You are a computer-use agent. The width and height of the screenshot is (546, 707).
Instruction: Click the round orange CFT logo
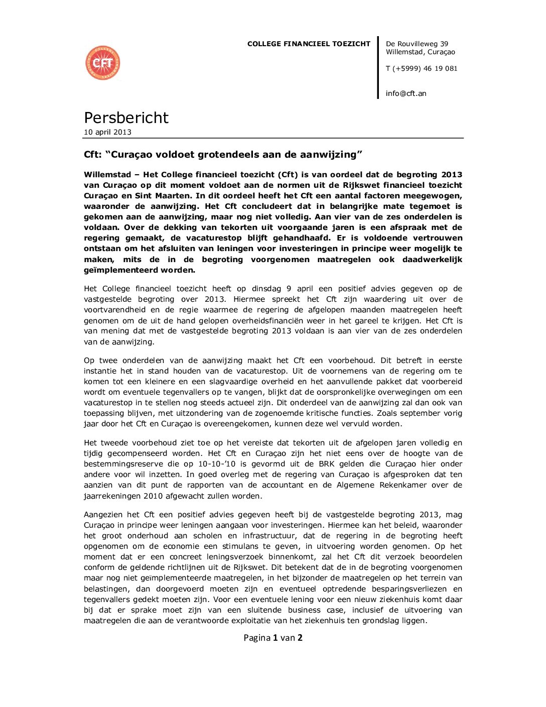pos(103,63)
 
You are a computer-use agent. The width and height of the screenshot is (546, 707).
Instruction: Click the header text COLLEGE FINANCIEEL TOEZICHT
pos(309,44)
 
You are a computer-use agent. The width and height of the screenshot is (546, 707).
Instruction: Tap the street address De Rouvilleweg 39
pos(417,44)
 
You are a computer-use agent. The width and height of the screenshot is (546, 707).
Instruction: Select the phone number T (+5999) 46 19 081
pos(422,69)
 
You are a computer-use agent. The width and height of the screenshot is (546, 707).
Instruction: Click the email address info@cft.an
pos(406,93)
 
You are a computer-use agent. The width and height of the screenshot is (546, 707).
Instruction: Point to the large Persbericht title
pos(126,117)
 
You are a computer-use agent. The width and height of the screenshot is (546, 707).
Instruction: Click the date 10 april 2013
pos(107,132)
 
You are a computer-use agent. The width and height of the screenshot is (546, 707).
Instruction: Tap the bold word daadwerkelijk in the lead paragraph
pos(432,260)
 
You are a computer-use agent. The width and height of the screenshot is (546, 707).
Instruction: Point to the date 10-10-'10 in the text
pos(217,464)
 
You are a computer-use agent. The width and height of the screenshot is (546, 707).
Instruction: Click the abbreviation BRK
pos(327,464)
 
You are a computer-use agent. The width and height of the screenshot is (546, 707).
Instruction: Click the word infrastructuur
pos(270,536)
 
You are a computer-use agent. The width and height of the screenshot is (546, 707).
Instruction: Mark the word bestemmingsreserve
pos(121,464)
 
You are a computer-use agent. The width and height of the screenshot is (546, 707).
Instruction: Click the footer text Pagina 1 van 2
pos(273,638)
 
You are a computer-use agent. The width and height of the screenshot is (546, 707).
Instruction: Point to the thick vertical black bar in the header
pos(378,67)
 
